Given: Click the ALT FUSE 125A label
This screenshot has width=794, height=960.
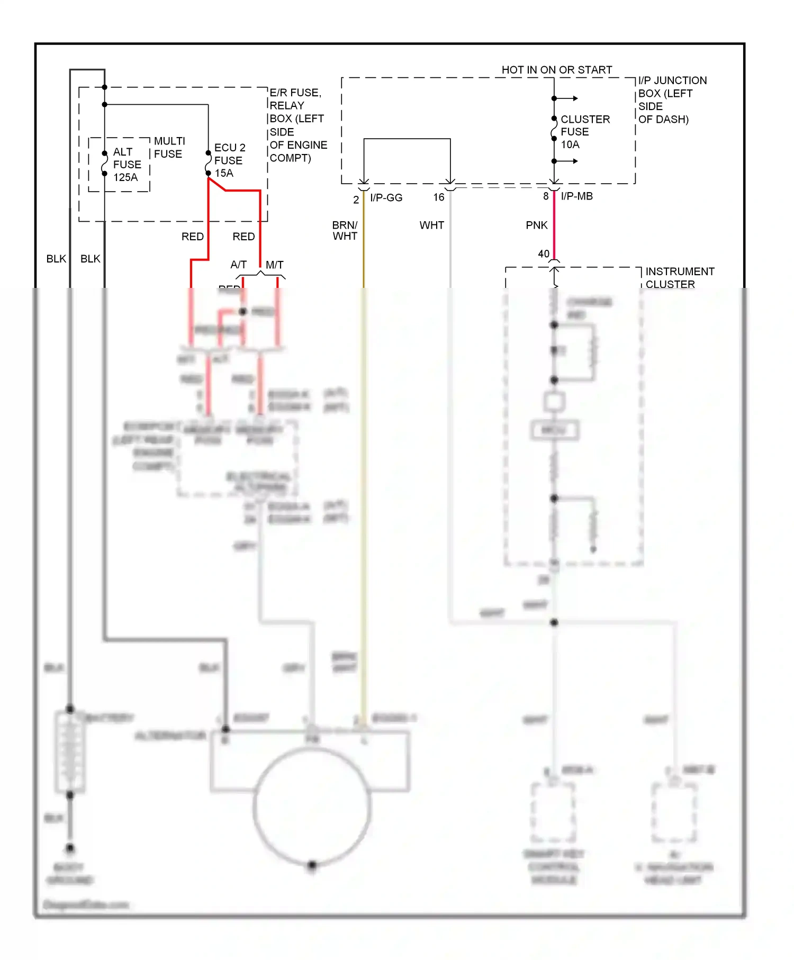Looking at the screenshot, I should [127, 165].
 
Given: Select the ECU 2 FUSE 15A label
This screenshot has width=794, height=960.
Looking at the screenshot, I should [229, 160].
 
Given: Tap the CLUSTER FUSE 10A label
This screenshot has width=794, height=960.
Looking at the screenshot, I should [584, 132].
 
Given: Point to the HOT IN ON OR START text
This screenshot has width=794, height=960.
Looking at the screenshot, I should [556, 70].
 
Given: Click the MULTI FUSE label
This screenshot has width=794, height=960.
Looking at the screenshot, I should [169, 148].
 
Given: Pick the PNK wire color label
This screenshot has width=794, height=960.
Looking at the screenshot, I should [536, 225].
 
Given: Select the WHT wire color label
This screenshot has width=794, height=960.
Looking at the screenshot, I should [431, 225].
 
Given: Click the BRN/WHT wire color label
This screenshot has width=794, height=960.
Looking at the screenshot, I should [345, 231].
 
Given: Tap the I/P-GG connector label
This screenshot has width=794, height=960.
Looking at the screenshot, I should [386, 198].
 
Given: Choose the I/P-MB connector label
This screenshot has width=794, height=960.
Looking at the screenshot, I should [576, 196].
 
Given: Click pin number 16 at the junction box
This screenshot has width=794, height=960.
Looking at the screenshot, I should [439, 197].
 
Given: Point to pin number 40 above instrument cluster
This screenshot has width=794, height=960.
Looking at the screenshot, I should [544, 254].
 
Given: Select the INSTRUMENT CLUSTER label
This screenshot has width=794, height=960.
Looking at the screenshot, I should [679, 278].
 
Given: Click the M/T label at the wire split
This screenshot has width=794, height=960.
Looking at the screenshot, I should [274, 265].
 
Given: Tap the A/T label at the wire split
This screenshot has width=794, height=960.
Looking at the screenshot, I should [238, 265].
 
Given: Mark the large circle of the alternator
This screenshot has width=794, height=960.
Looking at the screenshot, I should [312, 807].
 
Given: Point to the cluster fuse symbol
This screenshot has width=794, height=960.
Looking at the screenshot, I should [554, 129].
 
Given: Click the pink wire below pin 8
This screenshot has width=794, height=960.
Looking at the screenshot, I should [554, 225].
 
